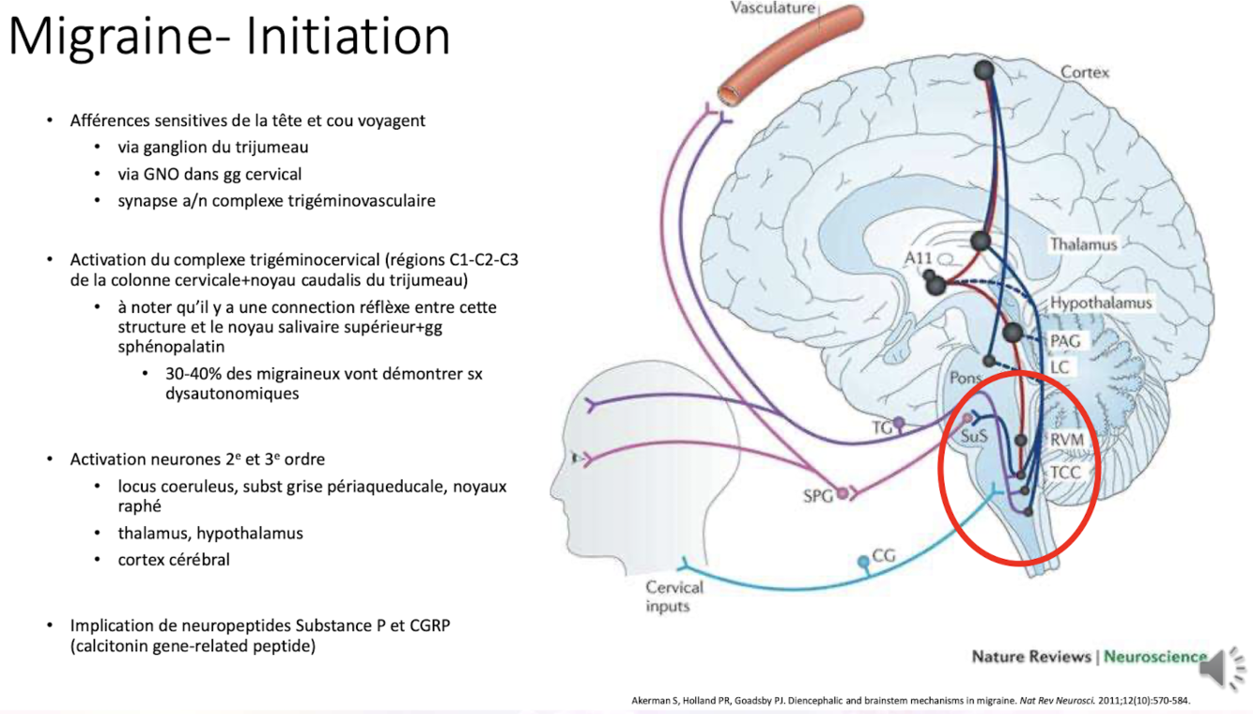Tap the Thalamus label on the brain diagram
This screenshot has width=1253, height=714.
click(x=1083, y=244)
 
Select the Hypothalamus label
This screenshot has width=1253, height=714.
click(x=1100, y=303)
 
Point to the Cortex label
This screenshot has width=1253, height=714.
click(x=1085, y=72)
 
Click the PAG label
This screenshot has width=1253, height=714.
click(x=1064, y=341)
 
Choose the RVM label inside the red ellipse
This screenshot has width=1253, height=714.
click(x=1068, y=440)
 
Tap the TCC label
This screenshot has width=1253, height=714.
click(x=1065, y=472)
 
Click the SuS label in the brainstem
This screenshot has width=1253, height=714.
click(x=975, y=436)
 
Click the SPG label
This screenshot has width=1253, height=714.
click(x=818, y=496)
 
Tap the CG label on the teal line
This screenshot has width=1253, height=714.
click(x=884, y=556)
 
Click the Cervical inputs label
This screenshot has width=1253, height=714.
click(x=673, y=597)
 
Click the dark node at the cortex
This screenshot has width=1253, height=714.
click(x=983, y=70)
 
